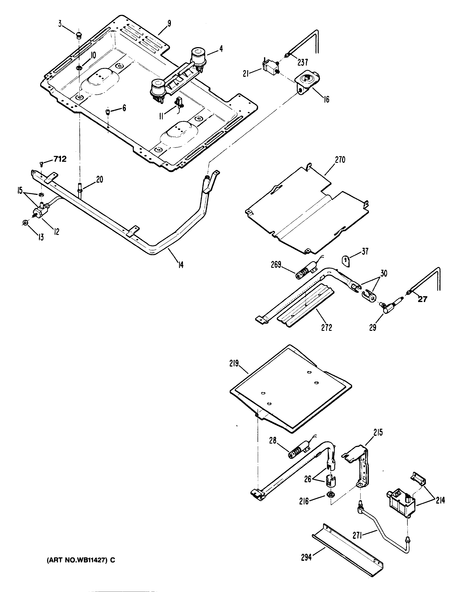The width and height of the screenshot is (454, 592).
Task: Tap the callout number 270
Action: pyautogui.click(x=340, y=160)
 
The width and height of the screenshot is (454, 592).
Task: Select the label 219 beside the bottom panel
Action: pyautogui.click(x=234, y=364)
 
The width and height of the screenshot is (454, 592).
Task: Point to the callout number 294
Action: pyautogui.click(x=306, y=557)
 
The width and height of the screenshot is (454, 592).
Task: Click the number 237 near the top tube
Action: pyautogui.click(x=303, y=62)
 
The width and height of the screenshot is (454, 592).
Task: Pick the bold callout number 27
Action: pyautogui.click(x=422, y=299)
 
